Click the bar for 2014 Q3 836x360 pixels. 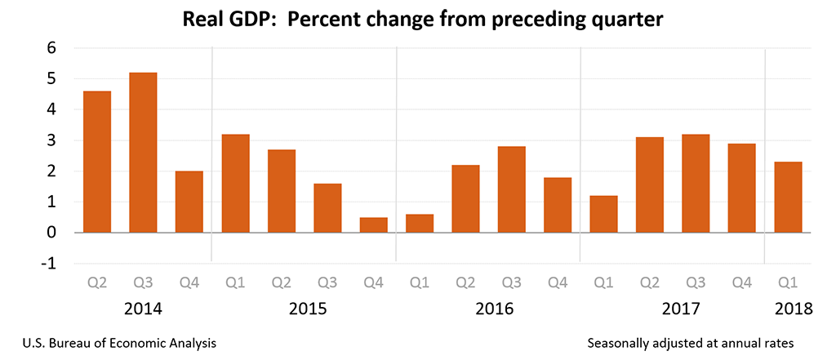tap(144, 153)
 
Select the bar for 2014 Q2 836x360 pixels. tap(97, 162)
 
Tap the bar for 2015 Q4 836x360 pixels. tap(373, 224)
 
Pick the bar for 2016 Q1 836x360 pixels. tap(420, 223)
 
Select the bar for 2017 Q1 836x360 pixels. tap(603, 214)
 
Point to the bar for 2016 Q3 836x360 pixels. tap(512, 189)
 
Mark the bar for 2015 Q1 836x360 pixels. tap(236, 183)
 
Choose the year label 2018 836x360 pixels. tap(793, 309)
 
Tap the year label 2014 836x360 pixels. tap(144, 309)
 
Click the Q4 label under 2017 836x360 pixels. tap(742, 283)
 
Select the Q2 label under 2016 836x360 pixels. tap(465, 283)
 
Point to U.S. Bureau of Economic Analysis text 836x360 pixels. tap(113, 344)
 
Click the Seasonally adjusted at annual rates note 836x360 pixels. tap(690, 344)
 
